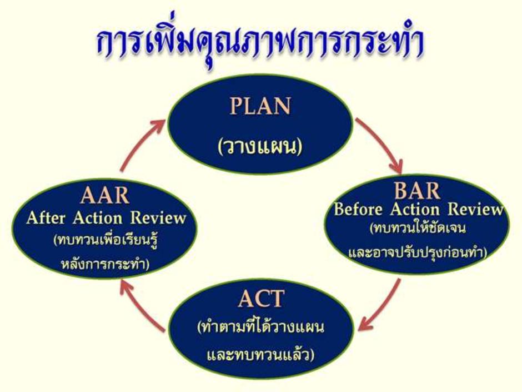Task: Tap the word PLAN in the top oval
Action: pos(260,106)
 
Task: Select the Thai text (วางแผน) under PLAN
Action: pos(260,147)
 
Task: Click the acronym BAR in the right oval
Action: pos(417,191)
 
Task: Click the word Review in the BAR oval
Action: pos(475,209)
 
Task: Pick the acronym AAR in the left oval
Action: pos(105,195)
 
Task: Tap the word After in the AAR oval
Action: pos(46,219)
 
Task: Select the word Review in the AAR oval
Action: pos(158,218)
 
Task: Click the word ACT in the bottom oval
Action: pos(261,299)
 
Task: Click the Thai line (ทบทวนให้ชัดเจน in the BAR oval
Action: pos(418,229)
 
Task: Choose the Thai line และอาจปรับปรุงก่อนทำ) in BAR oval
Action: pos(418,252)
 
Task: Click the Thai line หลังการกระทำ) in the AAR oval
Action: pos(105,264)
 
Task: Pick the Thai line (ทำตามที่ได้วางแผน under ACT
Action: pos(260,328)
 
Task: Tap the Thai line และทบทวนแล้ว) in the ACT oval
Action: pos(260,355)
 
